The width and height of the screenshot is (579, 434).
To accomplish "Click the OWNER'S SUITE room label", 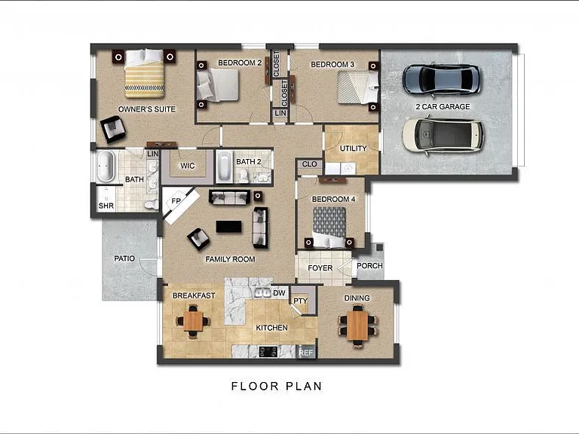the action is (x=146, y=109).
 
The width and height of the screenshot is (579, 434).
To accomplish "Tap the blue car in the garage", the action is (x=441, y=79).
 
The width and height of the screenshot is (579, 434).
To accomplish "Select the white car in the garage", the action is (x=443, y=135).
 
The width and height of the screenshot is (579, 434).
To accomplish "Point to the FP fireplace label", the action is (x=176, y=201).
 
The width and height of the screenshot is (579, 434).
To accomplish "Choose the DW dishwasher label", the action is (x=279, y=293).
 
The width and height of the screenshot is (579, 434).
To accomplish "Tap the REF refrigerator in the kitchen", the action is (x=306, y=353).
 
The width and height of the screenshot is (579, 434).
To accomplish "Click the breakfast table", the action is (x=193, y=321).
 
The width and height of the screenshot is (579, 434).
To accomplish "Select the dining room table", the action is (x=357, y=325).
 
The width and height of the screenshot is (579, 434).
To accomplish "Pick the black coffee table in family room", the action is (x=229, y=227).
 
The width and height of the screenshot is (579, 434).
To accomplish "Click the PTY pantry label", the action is (x=301, y=301).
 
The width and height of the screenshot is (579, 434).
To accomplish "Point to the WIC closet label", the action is (x=187, y=166).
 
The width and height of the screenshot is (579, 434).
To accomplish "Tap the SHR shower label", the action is (x=106, y=206).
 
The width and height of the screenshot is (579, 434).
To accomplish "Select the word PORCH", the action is (x=369, y=266).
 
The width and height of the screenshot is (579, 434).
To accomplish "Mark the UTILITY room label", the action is (x=353, y=148).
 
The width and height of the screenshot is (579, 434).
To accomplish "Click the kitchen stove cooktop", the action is (x=268, y=352).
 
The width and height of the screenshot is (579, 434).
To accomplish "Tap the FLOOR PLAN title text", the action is (x=277, y=387).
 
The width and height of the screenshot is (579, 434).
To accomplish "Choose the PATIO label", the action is (x=124, y=258).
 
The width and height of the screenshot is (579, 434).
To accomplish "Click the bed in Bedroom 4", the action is (x=329, y=228).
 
